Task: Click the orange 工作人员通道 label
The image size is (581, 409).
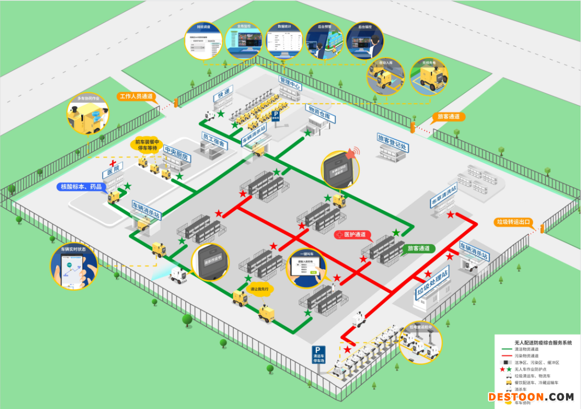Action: tap(137, 97)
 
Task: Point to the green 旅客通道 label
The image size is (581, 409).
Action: tap(419, 248)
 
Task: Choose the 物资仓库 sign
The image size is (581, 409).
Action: tap(321, 111)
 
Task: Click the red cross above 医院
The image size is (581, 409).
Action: tap(112, 163)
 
